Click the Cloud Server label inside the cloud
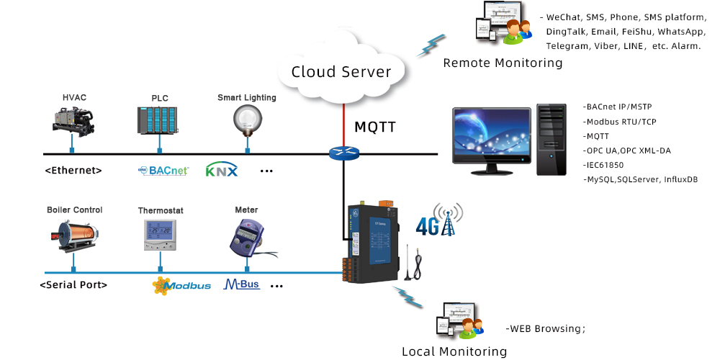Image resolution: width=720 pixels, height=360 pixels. (x=341, y=71)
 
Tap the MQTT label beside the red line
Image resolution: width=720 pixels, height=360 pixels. (x=376, y=127)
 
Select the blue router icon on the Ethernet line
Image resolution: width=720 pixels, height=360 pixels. (x=343, y=153)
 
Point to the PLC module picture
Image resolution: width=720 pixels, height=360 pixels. (x=157, y=121)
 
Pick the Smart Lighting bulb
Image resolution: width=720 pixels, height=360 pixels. (x=246, y=119)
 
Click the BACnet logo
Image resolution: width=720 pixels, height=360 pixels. (x=163, y=171)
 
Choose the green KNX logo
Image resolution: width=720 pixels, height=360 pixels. (x=222, y=171)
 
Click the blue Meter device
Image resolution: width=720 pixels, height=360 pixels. (x=247, y=236)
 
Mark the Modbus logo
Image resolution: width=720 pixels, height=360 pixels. (x=182, y=285)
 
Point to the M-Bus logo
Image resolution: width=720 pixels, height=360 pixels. (x=242, y=284)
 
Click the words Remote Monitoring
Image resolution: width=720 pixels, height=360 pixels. (x=503, y=63)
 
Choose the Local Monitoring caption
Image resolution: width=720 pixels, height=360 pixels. (x=454, y=351)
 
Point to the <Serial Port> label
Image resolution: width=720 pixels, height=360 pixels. (x=73, y=285)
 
